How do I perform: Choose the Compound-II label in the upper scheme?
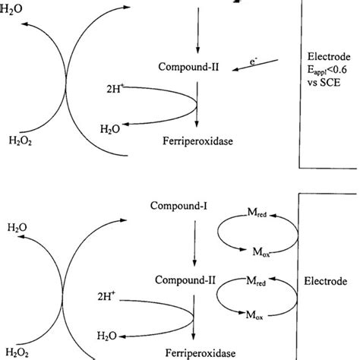196,68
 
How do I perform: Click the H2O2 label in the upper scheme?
21,140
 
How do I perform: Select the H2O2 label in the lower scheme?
21,352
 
